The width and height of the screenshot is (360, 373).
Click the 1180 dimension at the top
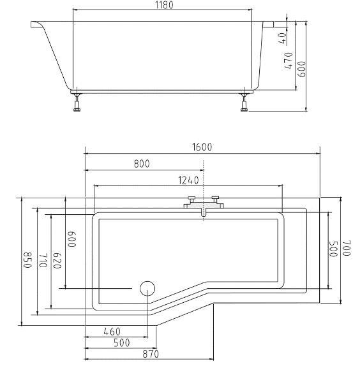165,4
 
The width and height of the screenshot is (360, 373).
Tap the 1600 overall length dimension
202,147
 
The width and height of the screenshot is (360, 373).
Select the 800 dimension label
142,164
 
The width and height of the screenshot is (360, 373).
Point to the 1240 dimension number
188,180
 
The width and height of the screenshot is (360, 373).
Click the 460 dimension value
112,332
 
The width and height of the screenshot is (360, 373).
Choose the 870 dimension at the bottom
151,354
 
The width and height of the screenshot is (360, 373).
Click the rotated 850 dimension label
27,260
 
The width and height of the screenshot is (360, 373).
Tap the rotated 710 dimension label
43,260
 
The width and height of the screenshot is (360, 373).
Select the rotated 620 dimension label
57,260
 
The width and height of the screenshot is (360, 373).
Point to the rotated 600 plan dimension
71,239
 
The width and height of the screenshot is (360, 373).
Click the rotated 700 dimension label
347,248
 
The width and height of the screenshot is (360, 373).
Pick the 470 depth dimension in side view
289,61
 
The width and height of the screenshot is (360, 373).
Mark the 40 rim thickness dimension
282,38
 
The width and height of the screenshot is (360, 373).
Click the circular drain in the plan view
147,288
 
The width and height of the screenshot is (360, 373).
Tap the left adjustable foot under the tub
77,102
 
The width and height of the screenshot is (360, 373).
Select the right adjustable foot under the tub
244,102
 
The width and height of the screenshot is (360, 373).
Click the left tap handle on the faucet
191,199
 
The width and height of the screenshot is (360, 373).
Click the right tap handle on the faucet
216,199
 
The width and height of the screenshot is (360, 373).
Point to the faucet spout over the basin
204,212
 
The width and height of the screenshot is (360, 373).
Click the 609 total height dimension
302,69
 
